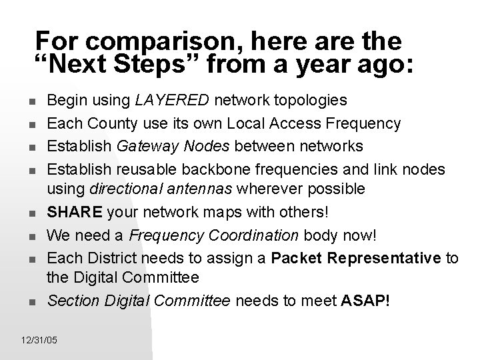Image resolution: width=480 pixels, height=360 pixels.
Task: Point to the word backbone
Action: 234,167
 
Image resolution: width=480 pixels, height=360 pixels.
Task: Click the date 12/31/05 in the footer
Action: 39,341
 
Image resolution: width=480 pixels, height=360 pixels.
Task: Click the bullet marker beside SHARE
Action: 33,213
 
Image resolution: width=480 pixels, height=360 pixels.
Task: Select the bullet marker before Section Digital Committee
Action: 33,302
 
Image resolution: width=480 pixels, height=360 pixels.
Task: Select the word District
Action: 105,257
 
